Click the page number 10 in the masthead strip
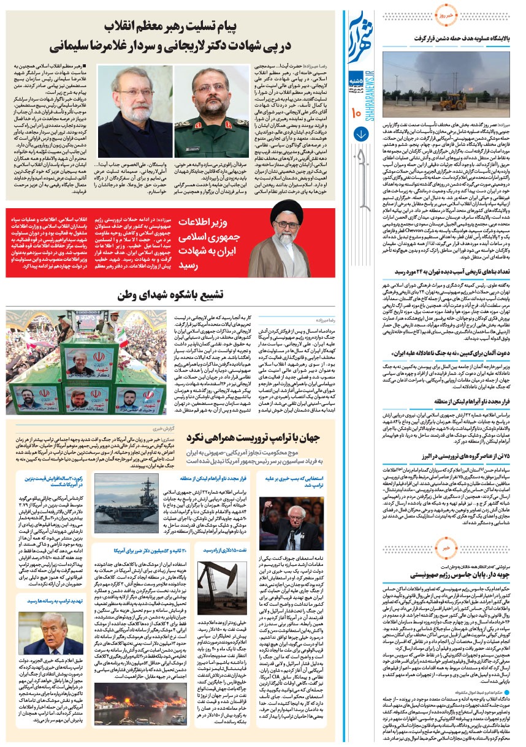pyautogui.click(x=357, y=112)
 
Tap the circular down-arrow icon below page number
pyautogui.click(x=360, y=134)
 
